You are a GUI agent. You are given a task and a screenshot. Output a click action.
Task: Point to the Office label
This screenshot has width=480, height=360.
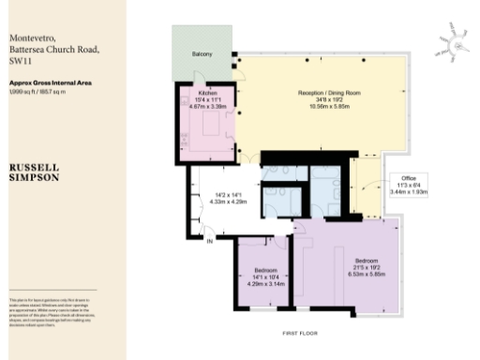(x=408, y=178)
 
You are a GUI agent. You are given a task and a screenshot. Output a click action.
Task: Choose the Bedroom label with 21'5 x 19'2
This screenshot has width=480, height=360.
(x=367, y=260)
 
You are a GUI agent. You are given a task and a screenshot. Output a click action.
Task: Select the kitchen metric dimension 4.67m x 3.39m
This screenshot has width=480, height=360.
(x=206, y=107)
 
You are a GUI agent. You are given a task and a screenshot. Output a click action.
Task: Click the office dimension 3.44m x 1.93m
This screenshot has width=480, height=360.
(x=408, y=192)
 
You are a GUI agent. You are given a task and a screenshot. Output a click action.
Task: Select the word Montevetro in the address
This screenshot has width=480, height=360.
(x=31, y=34)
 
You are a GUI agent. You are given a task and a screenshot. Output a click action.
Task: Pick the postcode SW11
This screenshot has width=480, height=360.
(x=19, y=58)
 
